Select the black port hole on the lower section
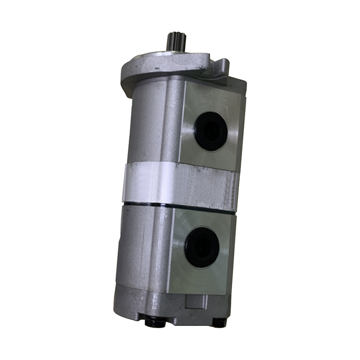[202, 247]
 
